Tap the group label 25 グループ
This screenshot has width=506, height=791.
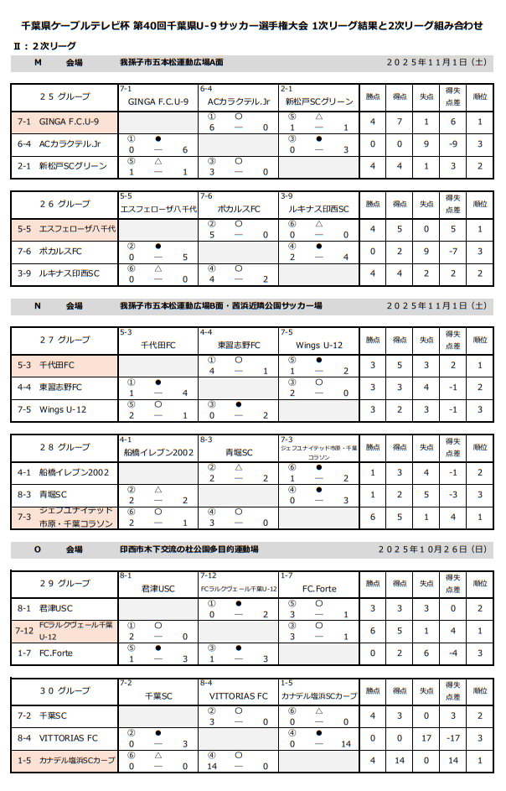click(x=65, y=96)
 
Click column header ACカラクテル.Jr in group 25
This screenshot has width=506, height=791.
click(x=238, y=101)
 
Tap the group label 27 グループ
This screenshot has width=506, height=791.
click(x=65, y=340)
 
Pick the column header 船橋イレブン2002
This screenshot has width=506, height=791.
click(x=157, y=452)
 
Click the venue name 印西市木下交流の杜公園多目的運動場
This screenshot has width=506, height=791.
click(x=188, y=550)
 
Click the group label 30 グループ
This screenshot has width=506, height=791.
click(x=65, y=690)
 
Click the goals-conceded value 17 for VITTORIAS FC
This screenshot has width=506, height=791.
click(x=426, y=738)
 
